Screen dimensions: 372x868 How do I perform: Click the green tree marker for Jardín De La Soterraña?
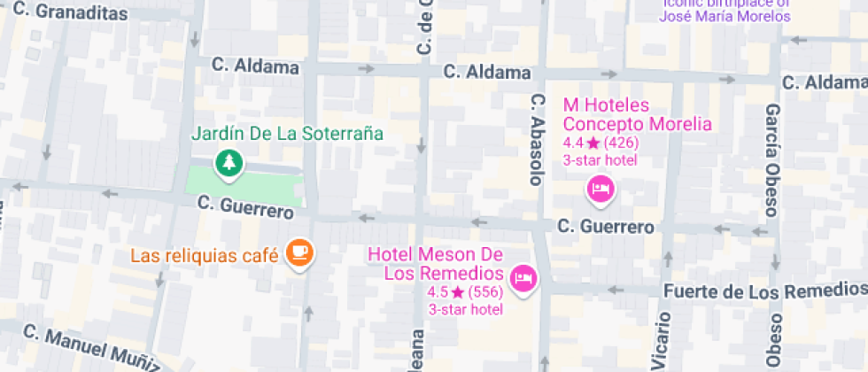click(229, 163)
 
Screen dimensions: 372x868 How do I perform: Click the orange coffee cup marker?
click(299, 253)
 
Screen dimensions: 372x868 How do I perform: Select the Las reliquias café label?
click(205, 256)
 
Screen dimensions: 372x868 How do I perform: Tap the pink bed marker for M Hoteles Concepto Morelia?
click(601, 189)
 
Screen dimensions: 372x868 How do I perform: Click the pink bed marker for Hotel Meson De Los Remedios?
click(524, 278)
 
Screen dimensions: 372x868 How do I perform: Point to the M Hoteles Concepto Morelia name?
click(638, 114)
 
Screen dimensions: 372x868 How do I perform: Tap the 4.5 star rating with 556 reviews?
click(465, 292)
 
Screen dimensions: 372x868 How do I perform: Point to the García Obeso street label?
click(772, 159)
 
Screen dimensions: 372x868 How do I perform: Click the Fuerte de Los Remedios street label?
click(764, 291)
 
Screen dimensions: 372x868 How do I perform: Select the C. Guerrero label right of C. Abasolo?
click(606, 228)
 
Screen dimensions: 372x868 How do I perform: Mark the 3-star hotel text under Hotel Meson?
click(465, 309)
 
